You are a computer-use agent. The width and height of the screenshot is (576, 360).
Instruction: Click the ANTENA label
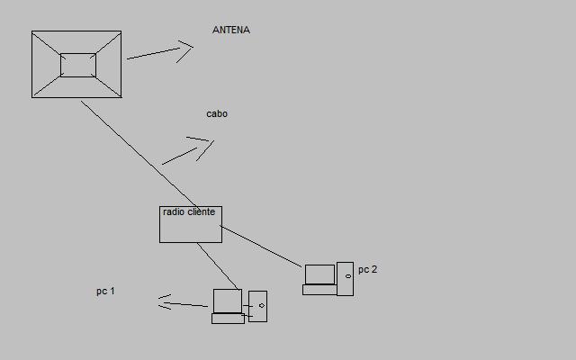point(231,30)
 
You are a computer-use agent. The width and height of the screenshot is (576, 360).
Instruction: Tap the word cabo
point(217,114)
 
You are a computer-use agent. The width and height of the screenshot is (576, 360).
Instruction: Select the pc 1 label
point(105,292)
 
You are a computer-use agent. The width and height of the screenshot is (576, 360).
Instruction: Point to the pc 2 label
point(368,270)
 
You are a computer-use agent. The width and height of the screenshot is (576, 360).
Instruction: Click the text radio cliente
point(189,212)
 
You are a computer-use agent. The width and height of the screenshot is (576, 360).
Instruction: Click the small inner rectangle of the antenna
point(78,65)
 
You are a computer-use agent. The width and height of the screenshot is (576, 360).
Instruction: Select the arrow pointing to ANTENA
point(160,52)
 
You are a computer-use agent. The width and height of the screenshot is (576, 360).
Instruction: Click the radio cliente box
point(191,224)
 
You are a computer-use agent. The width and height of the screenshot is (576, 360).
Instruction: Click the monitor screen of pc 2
point(320,274)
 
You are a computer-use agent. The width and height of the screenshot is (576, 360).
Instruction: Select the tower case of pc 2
point(346,279)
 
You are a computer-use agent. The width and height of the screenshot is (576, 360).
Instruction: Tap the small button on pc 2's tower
point(348,276)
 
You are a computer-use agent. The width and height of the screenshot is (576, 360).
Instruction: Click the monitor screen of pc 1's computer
point(228,301)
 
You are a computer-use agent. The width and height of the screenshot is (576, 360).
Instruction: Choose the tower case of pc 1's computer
point(258,306)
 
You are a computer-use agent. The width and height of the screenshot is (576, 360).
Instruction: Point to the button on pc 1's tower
point(262,306)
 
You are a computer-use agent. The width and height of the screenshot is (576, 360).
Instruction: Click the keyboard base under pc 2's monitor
point(320,290)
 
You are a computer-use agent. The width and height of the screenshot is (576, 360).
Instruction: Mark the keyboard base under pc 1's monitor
point(228,319)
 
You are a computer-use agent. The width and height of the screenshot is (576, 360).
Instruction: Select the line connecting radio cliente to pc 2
point(261,246)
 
